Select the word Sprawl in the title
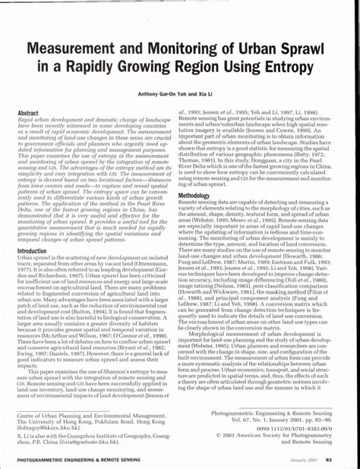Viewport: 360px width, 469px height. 306,48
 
